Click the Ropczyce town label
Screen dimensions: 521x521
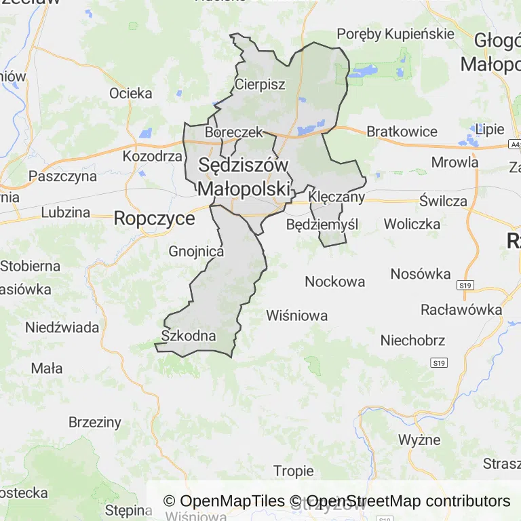[154, 218]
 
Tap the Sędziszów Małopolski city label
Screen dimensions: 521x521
[244, 176]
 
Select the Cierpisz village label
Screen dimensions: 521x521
[260, 84]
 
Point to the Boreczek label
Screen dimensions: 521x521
[233, 132]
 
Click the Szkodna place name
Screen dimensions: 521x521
[189, 335]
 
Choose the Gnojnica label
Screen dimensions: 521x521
[196, 251]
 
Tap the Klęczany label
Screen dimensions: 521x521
[336, 197]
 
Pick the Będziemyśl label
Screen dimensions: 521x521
[322, 224]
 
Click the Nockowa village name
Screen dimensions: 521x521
[334, 281]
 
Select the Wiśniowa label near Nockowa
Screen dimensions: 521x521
[297, 315]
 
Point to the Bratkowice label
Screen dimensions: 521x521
[402, 131]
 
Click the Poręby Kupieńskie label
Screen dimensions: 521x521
[395, 34]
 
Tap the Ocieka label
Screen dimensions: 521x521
[131, 93]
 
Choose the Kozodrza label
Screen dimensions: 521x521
[153, 156]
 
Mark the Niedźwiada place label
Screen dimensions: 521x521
[62, 327]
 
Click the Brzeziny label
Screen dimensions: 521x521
[95, 422]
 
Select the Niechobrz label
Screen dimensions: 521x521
[412, 340]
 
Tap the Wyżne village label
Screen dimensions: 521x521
[419, 439]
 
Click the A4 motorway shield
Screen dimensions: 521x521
[515, 144]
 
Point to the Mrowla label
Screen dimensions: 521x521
[455, 162]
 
